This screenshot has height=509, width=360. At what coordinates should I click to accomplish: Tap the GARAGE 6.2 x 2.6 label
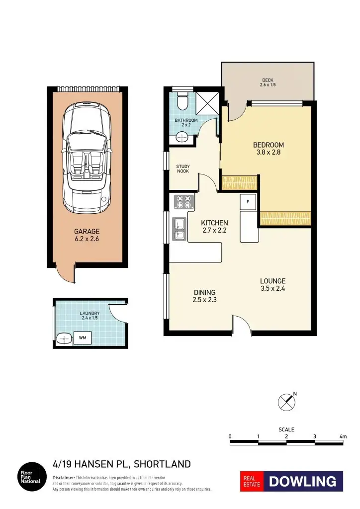click(87, 235)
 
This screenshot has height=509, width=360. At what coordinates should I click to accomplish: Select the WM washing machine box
click(82, 338)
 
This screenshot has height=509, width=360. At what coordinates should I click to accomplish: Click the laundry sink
click(63, 339)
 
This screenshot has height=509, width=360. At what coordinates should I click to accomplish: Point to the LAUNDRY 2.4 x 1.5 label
click(90, 315)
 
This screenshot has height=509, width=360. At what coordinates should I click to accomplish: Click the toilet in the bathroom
click(182, 101)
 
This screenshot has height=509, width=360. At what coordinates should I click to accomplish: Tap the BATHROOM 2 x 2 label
click(186, 122)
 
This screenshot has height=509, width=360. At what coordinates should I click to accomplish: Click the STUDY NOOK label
click(183, 169)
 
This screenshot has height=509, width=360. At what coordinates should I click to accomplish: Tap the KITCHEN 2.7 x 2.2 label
click(214, 226)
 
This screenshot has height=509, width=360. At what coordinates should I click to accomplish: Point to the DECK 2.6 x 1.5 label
click(267, 83)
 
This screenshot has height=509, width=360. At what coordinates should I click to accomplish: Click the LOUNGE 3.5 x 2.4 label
click(272, 284)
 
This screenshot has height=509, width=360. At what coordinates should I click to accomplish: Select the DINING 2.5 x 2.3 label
click(204, 296)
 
